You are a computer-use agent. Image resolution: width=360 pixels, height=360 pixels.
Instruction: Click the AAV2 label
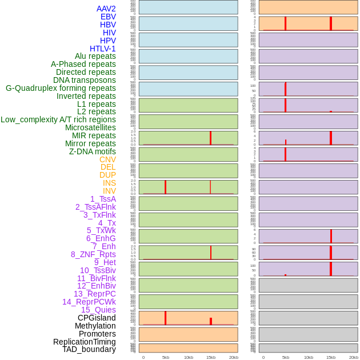(106, 9)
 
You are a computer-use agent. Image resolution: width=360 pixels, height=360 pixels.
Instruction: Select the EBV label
(108, 17)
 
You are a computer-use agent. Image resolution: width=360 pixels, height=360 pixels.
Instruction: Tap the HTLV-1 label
(103, 49)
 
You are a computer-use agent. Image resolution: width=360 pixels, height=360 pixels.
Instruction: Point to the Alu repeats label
(95, 57)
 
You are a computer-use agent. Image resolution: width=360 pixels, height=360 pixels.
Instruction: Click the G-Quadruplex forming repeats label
(61, 88)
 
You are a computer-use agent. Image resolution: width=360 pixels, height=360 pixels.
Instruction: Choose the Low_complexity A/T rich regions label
(58, 119)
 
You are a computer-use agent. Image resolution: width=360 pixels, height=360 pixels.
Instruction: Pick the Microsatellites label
(90, 127)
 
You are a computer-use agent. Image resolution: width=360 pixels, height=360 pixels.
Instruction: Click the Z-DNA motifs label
(93, 151)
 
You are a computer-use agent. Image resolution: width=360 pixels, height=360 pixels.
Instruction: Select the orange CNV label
(107, 159)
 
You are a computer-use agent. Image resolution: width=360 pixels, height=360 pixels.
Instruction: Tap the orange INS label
(109, 183)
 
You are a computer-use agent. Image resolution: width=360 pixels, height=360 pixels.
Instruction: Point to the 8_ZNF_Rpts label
(93, 254)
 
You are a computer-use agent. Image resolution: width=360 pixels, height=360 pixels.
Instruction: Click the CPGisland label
(97, 318)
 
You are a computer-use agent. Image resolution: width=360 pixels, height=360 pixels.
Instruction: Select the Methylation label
(95, 326)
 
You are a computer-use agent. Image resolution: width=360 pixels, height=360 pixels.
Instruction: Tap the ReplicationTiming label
(85, 342)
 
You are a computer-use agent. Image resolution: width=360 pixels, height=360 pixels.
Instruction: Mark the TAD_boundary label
(89, 349)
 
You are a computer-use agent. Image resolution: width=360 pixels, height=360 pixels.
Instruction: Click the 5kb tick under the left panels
(166, 357)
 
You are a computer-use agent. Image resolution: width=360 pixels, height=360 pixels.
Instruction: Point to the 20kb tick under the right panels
(353, 357)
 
